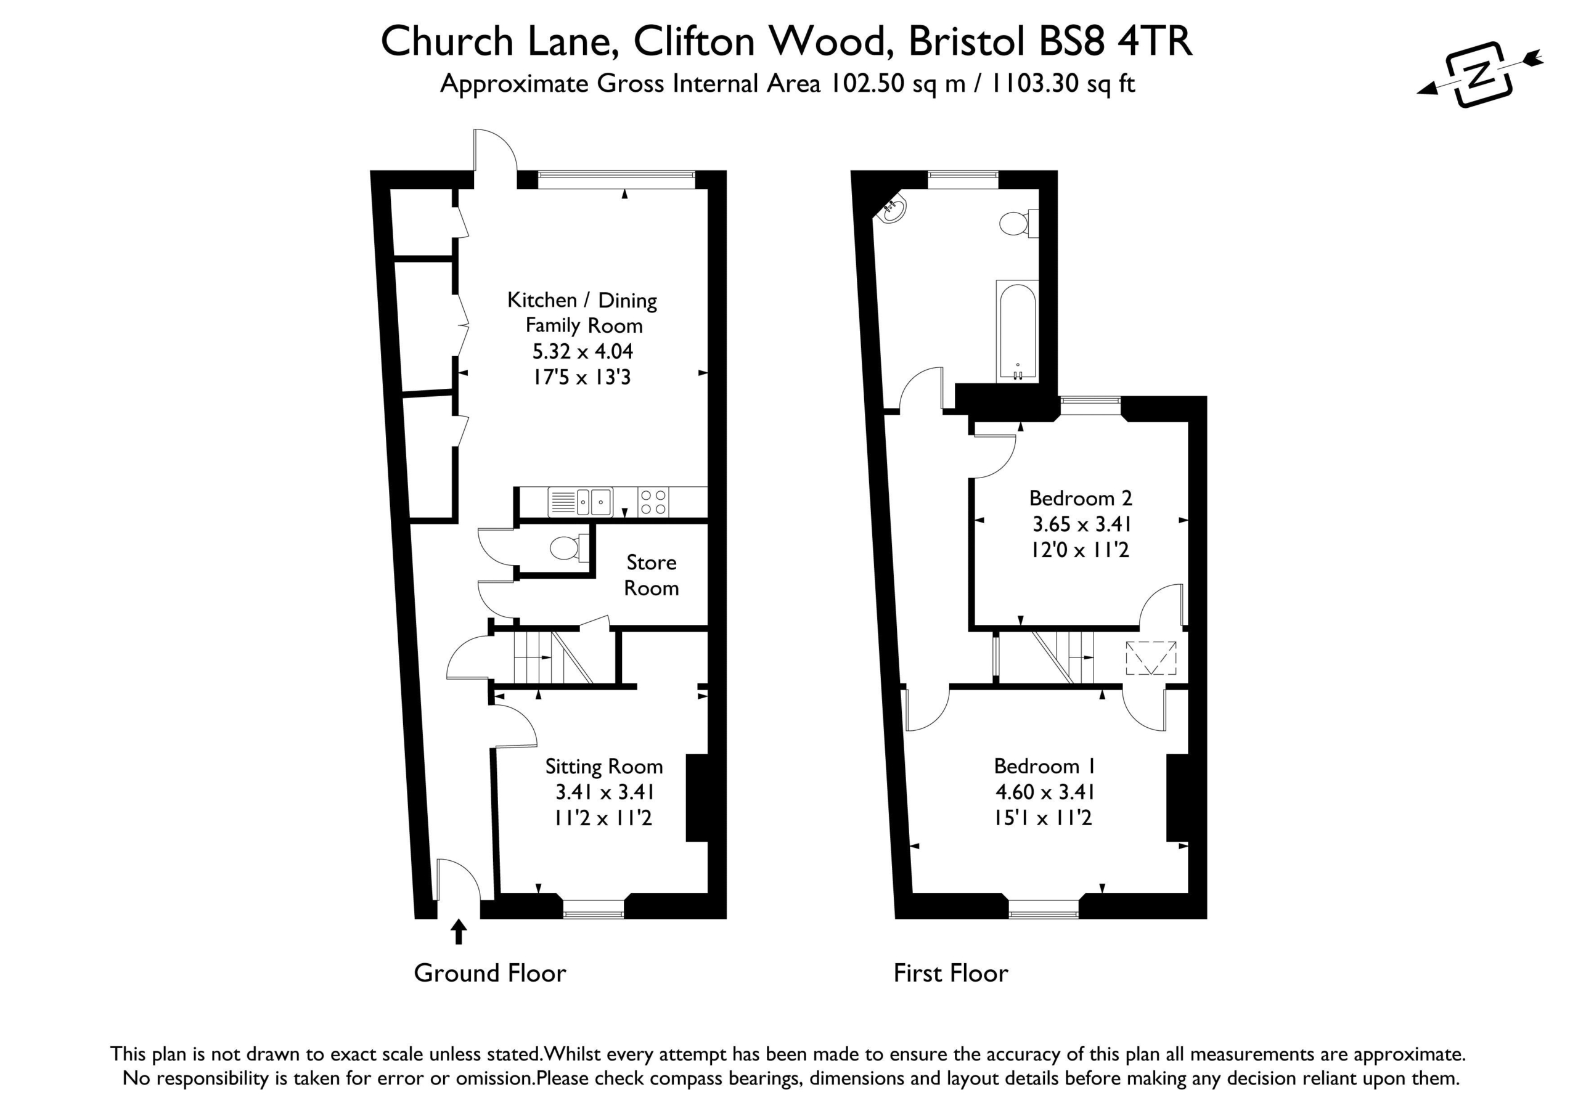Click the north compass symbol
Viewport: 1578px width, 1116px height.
[1481, 74]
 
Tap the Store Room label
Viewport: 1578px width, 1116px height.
[651, 575]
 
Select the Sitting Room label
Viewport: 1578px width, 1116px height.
[604, 766]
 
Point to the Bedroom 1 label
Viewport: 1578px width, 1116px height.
[1045, 765]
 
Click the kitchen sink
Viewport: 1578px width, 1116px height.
[580, 502]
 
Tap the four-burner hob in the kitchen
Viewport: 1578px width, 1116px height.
[653, 502]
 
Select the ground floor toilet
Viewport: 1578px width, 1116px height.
[569, 548]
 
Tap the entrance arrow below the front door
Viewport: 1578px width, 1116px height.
[459, 932]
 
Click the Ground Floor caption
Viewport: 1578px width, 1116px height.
[490, 973]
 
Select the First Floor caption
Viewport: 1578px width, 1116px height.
[950, 973]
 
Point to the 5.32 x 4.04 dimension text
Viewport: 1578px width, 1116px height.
[582, 351]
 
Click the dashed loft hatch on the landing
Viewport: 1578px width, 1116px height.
[1150, 658]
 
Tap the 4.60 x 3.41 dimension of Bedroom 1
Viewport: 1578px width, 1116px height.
[1045, 792]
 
